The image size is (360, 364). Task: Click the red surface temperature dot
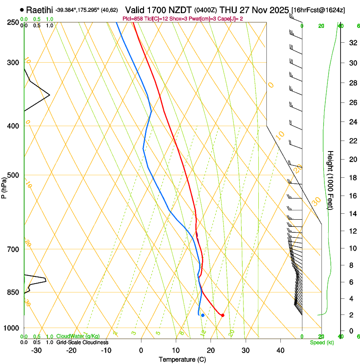(x=223, y=315)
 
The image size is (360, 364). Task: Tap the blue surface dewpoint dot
(x=203, y=315)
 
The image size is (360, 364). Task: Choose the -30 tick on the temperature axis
(x=36, y=350)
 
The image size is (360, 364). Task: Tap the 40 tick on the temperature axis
(x=280, y=350)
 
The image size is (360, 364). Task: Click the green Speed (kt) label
(x=321, y=342)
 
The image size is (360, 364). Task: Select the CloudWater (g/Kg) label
(x=78, y=336)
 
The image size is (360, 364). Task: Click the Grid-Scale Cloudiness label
(x=82, y=342)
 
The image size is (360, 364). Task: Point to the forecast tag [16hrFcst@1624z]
(x=318, y=10)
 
